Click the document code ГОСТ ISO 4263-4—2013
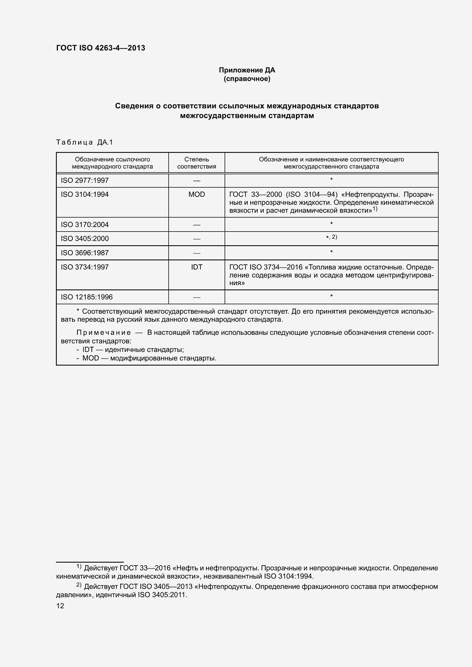(x=100, y=48)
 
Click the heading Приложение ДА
(x=247, y=70)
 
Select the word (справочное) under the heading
(x=247, y=79)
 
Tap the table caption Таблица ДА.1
(x=84, y=142)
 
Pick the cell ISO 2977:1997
(x=84, y=181)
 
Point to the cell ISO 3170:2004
(x=84, y=224)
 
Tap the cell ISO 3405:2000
(x=84, y=238)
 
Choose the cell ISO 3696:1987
(x=84, y=253)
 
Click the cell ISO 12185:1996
(x=87, y=297)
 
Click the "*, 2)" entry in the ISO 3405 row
(x=331, y=237)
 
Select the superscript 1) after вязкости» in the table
(x=375, y=209)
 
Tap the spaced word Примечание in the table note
(x=104, y=332)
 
